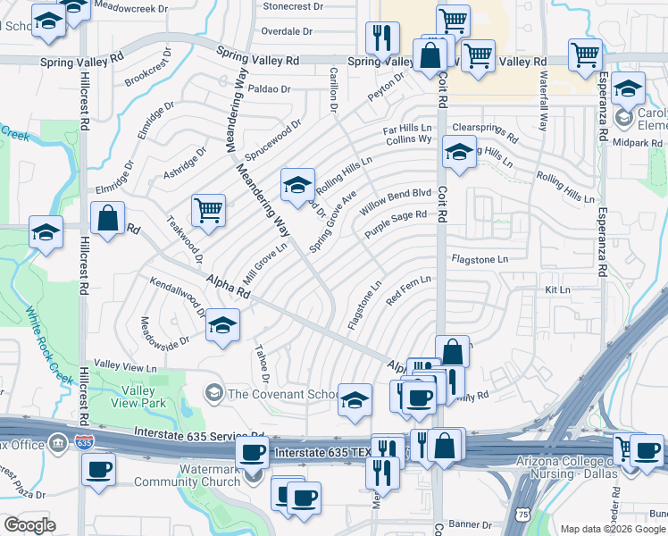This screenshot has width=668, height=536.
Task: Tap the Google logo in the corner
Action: click(29, 525)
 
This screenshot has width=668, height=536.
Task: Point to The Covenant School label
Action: click(283, 393)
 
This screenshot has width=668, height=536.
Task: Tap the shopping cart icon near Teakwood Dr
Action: click(208, 210)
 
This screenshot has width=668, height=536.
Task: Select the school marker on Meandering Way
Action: click(297, 184)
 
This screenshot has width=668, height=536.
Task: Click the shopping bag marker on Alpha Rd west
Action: click(107, 219)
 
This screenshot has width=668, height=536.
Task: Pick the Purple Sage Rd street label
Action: click(396, 223)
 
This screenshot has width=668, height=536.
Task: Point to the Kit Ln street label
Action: click(557, 291)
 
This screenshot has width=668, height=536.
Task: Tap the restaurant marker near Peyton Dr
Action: click(382, 38)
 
